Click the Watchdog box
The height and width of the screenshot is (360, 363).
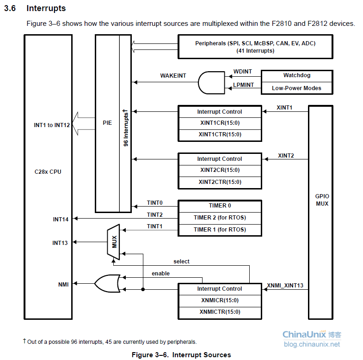point(296,75)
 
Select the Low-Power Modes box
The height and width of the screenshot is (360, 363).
point(296,88)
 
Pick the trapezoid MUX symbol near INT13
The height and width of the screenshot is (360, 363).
point(114,242)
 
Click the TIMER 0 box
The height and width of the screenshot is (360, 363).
point(220,206)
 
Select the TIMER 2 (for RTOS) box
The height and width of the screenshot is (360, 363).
point(220,218)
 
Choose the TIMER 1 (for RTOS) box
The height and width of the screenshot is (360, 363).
point(220,230)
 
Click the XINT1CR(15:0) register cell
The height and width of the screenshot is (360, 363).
point(220,123)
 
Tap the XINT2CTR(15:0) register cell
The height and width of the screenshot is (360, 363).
point(220,182)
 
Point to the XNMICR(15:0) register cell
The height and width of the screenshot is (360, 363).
point(220,300)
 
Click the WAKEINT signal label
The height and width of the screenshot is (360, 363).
point(173,75)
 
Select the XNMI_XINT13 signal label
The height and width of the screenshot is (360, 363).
point(285,286)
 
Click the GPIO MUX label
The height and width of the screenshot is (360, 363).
point(322,200)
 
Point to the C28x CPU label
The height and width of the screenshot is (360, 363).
point(48,172)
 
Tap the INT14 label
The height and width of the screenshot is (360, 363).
point(61,219)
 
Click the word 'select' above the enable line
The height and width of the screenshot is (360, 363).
point(181,262)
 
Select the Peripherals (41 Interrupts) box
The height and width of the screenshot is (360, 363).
point(255,47)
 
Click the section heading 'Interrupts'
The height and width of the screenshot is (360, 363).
point(46,8)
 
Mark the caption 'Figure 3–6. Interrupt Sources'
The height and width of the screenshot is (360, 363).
point(181,355)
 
